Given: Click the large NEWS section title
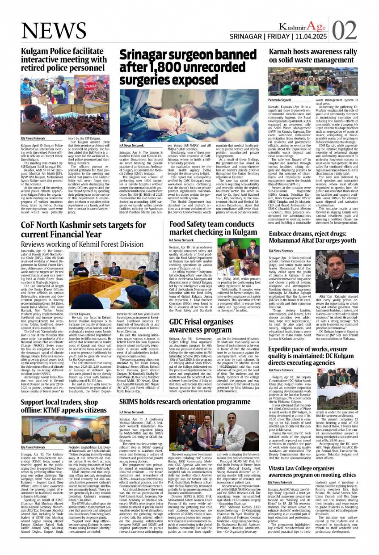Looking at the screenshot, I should [54, 30].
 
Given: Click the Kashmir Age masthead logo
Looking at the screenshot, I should [302, 26].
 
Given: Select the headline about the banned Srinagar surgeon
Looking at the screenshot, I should [187, 67].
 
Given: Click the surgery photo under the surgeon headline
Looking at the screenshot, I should [189, 115].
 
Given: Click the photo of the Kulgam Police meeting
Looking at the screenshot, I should [65, 104].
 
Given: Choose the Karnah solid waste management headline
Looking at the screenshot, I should [313, 55].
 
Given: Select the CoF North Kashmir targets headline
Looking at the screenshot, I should [77, 229].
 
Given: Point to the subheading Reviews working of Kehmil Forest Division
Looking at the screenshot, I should [83, 244].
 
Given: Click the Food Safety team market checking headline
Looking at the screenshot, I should [213, 228].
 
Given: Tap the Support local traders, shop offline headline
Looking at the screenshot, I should [64, 406].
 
